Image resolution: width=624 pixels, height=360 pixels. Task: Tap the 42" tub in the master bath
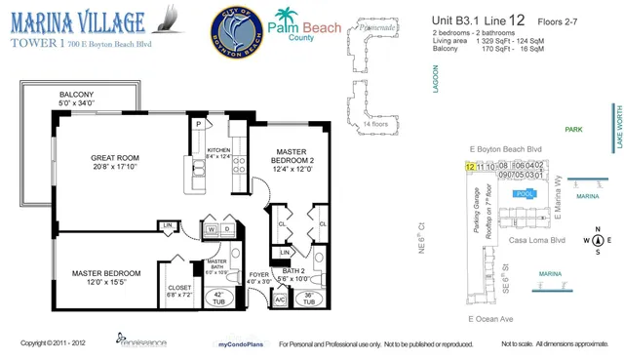(x=219, y=299)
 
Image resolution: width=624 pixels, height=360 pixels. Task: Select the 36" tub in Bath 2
(x=308, y=300)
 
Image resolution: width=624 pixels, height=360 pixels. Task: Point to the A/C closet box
(x=281, y=299)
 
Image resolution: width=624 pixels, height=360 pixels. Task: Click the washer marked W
(x=211, y=228)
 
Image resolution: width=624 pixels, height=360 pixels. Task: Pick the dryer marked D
(x=225, y=228)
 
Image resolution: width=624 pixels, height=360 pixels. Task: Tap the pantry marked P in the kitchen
(x=198, y=125)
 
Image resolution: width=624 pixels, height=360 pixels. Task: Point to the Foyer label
(x=258, y=278)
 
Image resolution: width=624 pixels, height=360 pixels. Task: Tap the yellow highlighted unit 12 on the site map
(x=471, y=167)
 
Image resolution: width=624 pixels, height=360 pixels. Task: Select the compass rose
(x=597, y=240)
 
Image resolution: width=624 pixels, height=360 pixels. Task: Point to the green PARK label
(x=580, y=128)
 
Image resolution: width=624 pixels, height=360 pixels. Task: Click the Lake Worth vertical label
(x=617, y=126)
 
